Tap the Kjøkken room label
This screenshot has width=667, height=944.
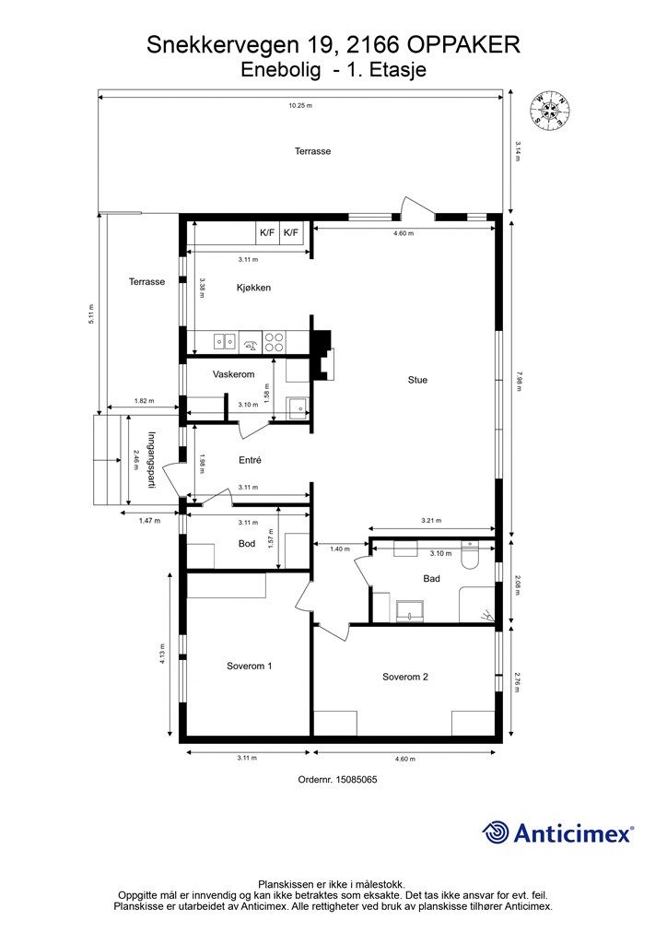(x=253, y=288)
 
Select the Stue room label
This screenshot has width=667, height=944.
(x=417, y=380)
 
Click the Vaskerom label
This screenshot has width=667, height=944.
(x=233, y=374)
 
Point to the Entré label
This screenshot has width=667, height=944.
(x=250, y=460)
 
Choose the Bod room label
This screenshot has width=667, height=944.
(x=247, y=544)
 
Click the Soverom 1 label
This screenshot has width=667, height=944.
(x=249, y=666)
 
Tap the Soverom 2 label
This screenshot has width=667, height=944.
(x=404, y=677)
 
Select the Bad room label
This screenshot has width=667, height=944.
(x=431, y=579)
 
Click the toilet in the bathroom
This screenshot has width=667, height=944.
(x=469, y=555)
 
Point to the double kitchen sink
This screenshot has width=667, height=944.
(x=225, y=342)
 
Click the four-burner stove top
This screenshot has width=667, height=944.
(x=275, y=342)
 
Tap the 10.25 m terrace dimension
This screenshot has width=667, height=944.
(x=300, y=105)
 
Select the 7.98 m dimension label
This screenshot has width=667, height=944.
(x=518, y=382)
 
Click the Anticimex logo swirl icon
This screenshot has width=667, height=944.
(x=496, y=832)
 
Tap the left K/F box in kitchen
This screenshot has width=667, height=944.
(x=267, y=232)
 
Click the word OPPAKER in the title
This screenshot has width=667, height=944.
(x=463, y=44)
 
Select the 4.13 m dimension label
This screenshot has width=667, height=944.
(x=162, y=654)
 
